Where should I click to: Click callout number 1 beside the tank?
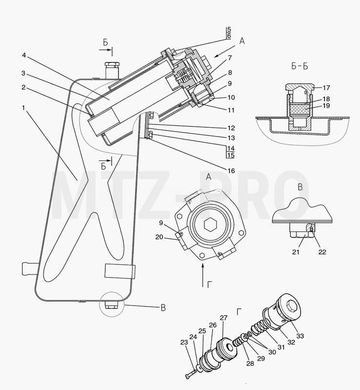click(23, 108)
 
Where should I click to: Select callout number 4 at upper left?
click(24, 55)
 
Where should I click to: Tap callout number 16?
click(231, 171)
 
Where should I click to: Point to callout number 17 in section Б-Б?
click(326, 88)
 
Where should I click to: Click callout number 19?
click(326, 105)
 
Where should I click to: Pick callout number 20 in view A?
click(159, 237)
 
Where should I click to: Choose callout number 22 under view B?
click(322, 252)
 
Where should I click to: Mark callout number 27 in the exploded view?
click(223, 318)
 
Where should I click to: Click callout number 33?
click(300, 336)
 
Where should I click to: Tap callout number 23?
click(184, 343)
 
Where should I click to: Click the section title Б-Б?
click(299, 66)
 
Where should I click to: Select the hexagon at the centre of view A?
click(209, 225)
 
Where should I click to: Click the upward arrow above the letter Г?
click(203, 275)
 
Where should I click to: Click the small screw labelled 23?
click(191, 374)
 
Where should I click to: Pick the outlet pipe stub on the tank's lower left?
click(30, 269)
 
